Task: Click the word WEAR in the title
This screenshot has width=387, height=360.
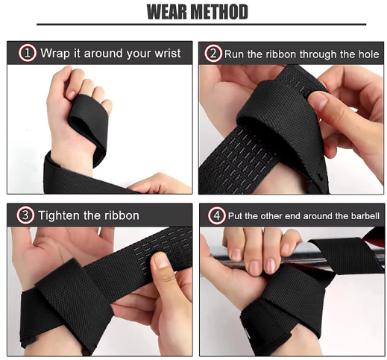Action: click(166, 12)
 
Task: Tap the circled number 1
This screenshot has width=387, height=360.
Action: click(28, 53)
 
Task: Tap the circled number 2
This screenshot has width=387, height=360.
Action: click(213, 54)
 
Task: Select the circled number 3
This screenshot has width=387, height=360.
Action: click(25, 215)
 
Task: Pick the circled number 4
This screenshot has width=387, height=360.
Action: click(217, 215)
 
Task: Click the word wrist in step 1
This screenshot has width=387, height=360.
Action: click(168, 53)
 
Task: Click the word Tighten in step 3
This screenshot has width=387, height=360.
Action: click(59, 215)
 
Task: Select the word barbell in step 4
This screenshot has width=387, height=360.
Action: click(365, 216)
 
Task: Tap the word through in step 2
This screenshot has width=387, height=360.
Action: click(318, 54)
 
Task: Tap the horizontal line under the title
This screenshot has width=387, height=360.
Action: click(201, 25)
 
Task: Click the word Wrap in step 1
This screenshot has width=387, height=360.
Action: click(55, 54)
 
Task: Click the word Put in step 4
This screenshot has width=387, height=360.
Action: click(236, 216)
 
